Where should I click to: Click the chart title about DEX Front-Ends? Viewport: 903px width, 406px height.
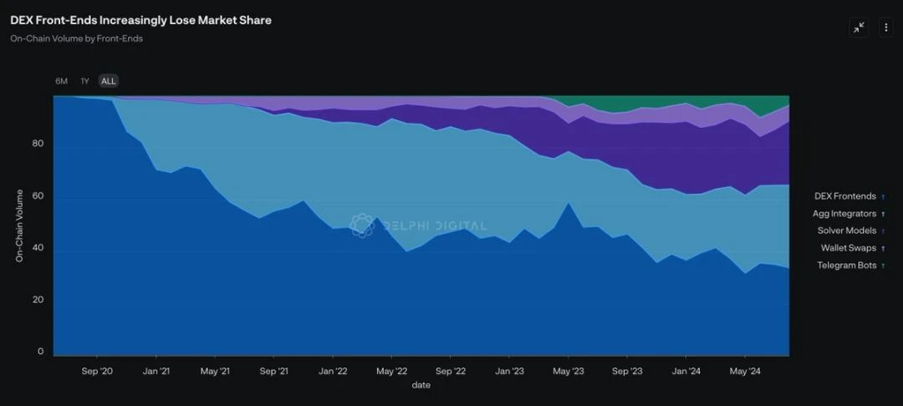coord(140,20)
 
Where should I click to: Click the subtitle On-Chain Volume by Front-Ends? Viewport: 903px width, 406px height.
coord(76,38)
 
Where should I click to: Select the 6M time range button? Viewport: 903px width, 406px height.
coord(61,81)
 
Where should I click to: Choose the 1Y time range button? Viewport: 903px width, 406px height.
coord(84,81)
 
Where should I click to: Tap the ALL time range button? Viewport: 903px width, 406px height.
coord(109,81)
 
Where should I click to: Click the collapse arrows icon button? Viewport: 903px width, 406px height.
coord(859,28)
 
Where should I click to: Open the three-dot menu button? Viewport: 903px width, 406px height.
coord(885,28)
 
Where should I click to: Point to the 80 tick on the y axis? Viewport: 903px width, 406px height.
coord(38,144)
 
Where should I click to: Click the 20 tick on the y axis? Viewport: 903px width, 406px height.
coord(38,300)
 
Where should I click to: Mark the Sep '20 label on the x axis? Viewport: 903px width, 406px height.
coord(98,370)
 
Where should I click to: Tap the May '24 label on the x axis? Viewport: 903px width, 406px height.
coord(745,370)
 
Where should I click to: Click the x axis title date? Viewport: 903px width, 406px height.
coord(421,385)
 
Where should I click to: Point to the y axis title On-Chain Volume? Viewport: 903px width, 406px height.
coord(19,226)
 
